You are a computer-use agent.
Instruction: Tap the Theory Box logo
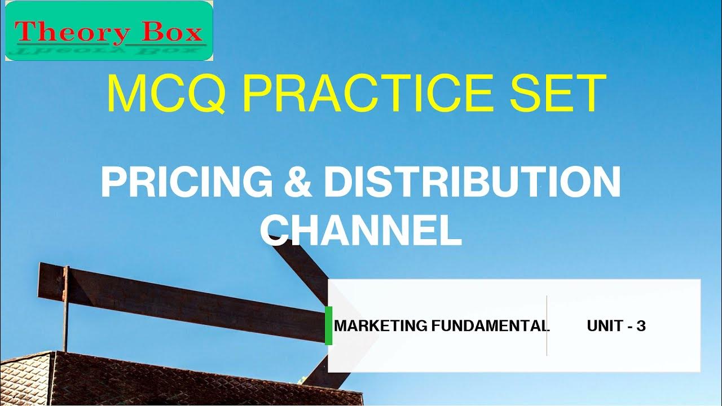click(109, 31)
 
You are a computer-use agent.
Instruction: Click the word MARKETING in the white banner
click(381, 326)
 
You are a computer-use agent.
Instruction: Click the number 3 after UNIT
click(640, 326)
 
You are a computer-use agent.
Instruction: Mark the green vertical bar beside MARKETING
click(329, 325)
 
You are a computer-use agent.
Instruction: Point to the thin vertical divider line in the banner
click(547, 325)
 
